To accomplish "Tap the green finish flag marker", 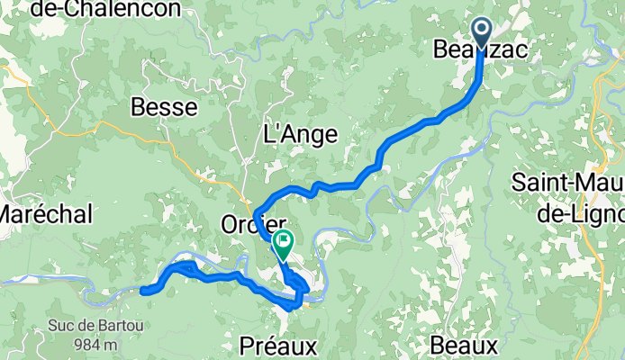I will [x=284, y=240].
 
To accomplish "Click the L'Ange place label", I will [x=299, y=135].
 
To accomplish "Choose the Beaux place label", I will [x=463, y=346].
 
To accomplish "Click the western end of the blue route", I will [x=144, y=290].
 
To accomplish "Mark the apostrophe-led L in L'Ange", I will [x=267, y=135].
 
